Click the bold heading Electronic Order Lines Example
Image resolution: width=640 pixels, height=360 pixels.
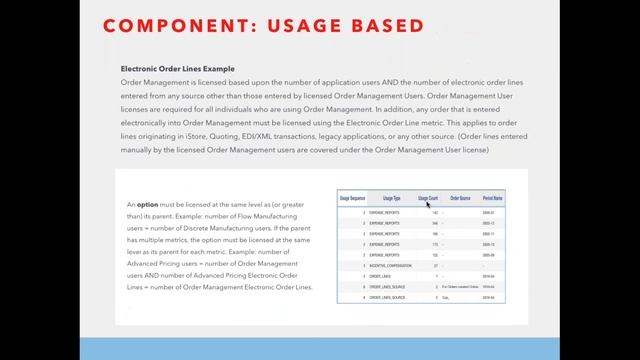tap(177, 70)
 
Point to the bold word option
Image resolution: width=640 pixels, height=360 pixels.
tap(148, 204)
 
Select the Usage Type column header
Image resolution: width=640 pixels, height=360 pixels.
tap(392, 198)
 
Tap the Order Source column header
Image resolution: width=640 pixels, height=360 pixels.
tap(459, 198)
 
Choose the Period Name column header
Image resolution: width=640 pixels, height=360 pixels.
tap(492, 198)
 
